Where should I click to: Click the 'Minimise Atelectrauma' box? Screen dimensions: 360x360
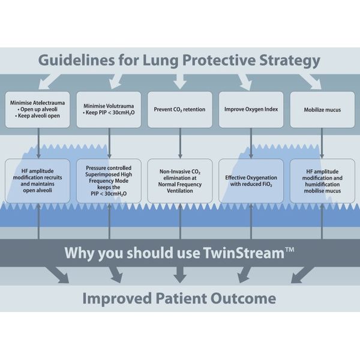pyautogui.click(x=37, y=110)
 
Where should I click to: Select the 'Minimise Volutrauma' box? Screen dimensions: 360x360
pyautogui.click(x=109, y=110)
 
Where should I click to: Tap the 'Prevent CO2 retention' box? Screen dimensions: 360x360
pyautogui.click(x=180, y=110)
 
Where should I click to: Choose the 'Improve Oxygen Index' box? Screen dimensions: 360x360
pyautogui.click(x=251, y=110)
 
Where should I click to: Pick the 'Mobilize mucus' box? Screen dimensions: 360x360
pyautogui.click(x=322, y=110)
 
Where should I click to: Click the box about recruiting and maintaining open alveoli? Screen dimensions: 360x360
pyautogui.click(x=37, y=181)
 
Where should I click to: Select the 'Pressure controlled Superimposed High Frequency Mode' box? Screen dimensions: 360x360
pyautogui.click(x=109, y=181)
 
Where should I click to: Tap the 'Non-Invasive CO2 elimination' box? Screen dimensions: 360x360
pyautogui.click(x=180, y=181)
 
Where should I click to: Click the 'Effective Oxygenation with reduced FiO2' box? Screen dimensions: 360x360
pyautogui.click(x=251, y=181)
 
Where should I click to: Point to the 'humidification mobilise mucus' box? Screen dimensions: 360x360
pyautogui.click(x=322, y=181)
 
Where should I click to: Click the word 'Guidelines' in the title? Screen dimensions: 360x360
pyautogui.click(x=76, y=60)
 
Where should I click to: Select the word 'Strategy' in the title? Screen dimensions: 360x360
pyautogui.click(x=290, y=61)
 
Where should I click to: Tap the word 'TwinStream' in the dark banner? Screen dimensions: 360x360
pyautogui.click(x=244, y=253)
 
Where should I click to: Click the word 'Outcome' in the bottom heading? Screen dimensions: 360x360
pyautogui.click(x=244, y=298)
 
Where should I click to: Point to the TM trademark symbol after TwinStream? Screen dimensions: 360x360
pyautogui.click(x=290, y=250)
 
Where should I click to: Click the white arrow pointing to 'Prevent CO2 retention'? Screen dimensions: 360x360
pyautogui.click(x=180, y=82)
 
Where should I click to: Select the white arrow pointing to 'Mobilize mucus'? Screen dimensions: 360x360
pyautogui.click(x=310, y=82)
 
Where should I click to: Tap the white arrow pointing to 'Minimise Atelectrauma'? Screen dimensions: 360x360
pyautogui.click(x=50, y=82)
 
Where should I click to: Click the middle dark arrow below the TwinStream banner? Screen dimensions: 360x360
pyautogui.click(x=180, y=275)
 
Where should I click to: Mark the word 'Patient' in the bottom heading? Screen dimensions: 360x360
pyautogui.click(x=181, y=298)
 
